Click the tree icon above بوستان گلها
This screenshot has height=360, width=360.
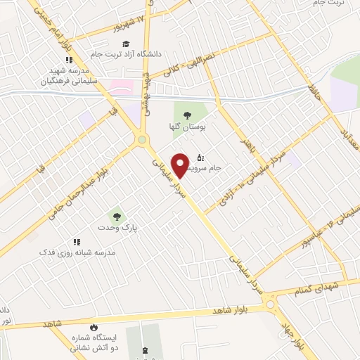tap(186, 115)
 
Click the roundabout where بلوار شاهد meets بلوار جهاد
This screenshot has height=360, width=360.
tap(271, 304)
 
